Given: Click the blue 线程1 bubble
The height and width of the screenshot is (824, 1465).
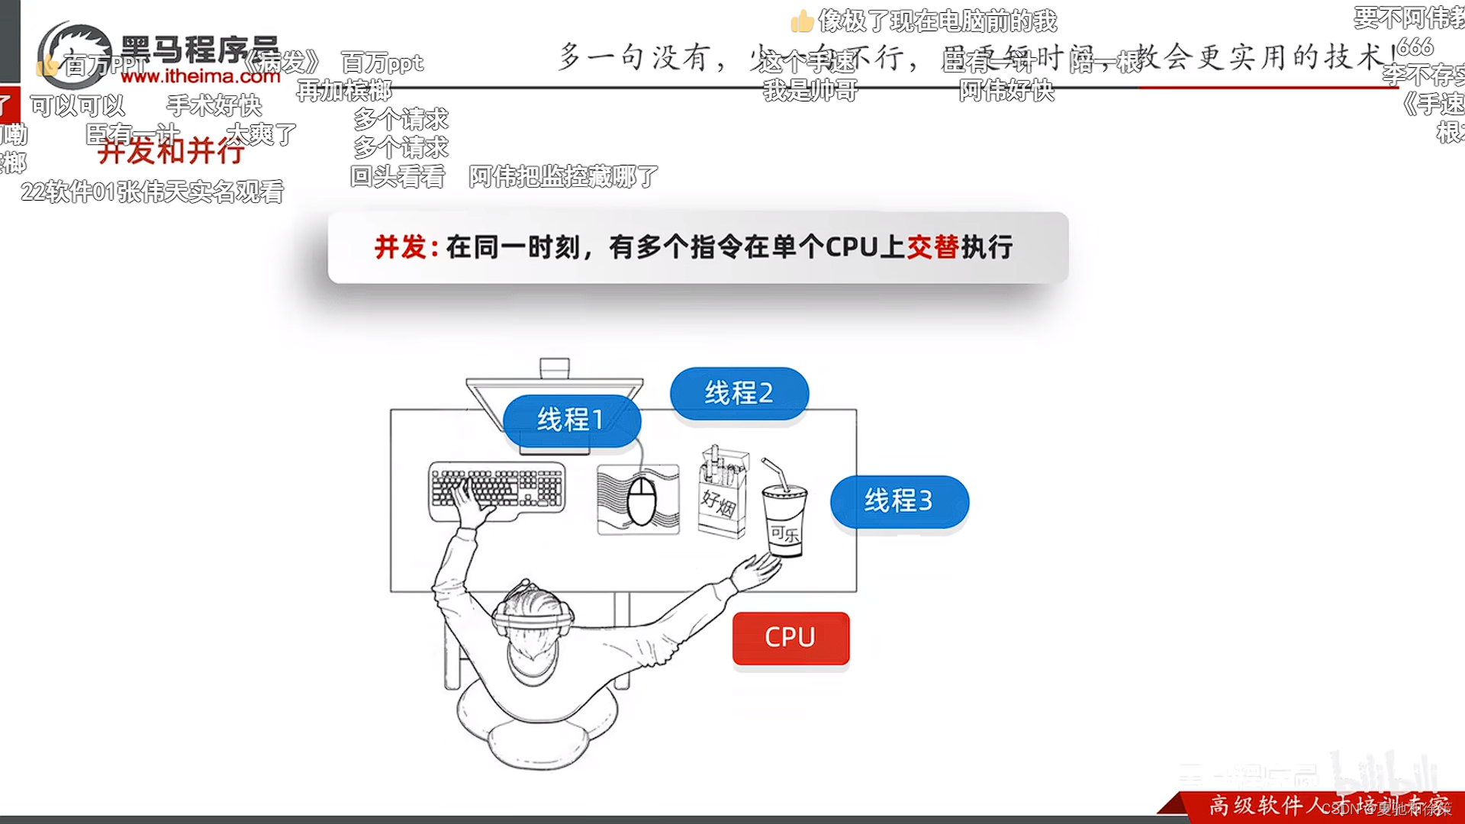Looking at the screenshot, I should [571, 420].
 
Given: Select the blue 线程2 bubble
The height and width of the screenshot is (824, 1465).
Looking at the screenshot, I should [739, 393].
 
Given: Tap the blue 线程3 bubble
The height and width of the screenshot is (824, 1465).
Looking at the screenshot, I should [899, 501].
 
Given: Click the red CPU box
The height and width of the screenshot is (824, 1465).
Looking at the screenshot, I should [790, 637].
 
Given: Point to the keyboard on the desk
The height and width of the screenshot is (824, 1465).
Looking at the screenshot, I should [497, 489].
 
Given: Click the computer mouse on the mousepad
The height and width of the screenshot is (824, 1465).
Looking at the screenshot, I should [641, 501].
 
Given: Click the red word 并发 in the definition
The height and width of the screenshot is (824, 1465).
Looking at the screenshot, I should [401, 247].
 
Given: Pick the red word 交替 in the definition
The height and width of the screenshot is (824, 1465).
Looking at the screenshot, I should [932, 247].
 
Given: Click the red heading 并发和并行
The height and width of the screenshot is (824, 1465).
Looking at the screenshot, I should [171, 152].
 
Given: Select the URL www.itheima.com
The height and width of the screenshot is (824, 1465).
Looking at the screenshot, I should [201, 76].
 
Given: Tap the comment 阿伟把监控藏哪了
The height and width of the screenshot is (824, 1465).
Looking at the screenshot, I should [563, 177].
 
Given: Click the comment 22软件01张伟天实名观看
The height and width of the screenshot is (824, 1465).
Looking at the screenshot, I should [153, 192].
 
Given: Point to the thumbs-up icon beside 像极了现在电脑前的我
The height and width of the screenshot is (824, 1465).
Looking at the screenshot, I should [801, 21].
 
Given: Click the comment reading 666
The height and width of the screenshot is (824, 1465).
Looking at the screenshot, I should [1415, 47].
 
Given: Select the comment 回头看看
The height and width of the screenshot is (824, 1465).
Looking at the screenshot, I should [398, 177].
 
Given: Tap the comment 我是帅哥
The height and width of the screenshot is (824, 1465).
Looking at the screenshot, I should [810, 91].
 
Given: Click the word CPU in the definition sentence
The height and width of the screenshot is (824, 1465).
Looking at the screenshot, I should [852, 247].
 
